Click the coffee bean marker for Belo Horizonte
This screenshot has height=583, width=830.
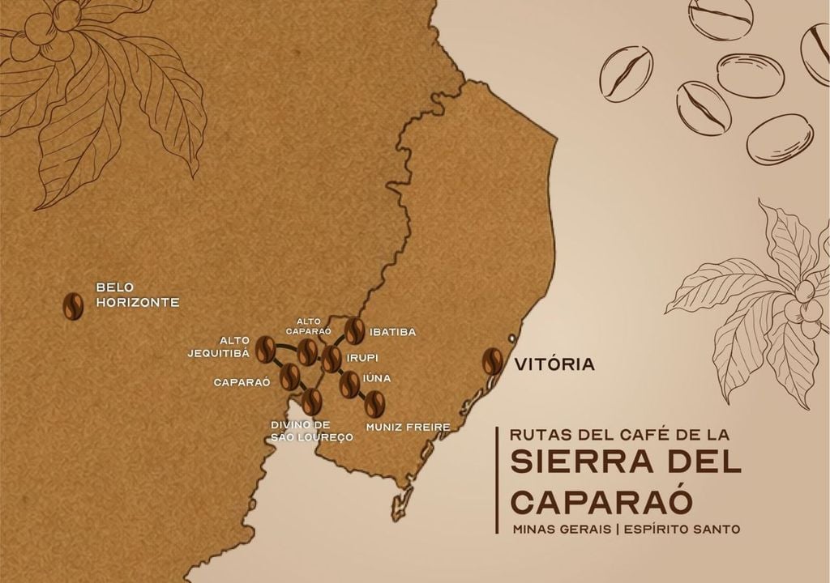[x=73, y=307]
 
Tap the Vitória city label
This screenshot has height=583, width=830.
[x=554, y=364]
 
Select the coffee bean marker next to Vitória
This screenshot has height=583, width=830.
[x=492, y=361]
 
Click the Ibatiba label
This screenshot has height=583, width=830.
[x=392, y=332]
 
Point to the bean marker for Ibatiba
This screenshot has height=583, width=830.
[x=354, y=330]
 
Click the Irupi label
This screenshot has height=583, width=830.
[x=362, y=357]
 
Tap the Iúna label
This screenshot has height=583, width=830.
[x=377, y=377]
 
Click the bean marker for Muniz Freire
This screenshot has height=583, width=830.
[x=374, y=403]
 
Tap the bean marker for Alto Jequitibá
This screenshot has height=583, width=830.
[x=266, y=349]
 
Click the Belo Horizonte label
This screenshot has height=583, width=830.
[x=137, y=295]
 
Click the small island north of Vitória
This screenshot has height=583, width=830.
[x=511, y=338]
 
